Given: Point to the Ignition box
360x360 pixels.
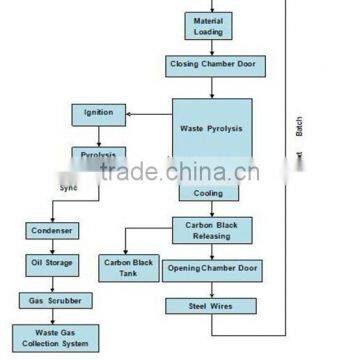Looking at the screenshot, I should click(98, 113).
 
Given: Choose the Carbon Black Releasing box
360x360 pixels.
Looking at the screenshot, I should click(211, 231).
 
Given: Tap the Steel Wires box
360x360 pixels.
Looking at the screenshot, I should click(211, 305).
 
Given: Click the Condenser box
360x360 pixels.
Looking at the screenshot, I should click(51, 231).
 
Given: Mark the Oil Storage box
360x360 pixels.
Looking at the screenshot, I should click(51, 265).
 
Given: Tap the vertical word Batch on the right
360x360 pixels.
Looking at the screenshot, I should click(312, 128).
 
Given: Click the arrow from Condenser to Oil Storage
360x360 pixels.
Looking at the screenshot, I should click(51, 248).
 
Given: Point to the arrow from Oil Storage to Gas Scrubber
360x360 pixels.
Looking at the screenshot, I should click(51, 283).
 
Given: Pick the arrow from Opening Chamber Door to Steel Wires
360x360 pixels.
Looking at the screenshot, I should click(211, 288).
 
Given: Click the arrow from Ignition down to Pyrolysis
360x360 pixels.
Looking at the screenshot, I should click(98, 137).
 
